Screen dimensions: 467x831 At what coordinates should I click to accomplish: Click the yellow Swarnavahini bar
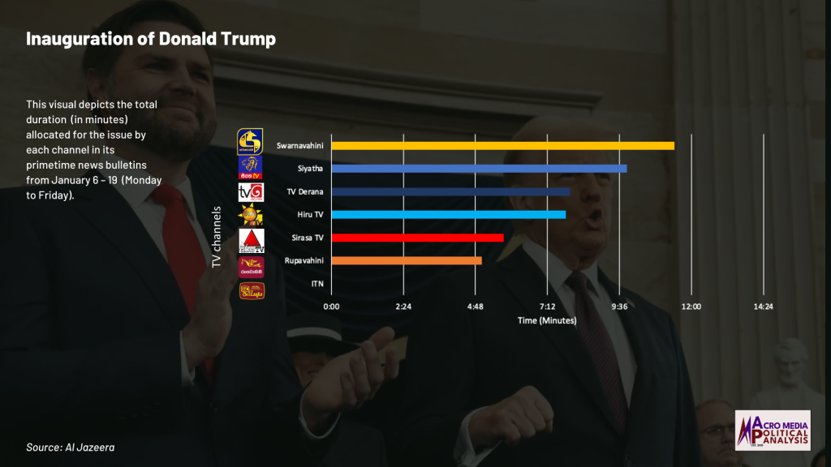(502, 146)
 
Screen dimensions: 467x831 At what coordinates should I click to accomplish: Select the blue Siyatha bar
(479, 169)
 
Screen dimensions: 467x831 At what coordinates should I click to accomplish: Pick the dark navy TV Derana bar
(450, 192)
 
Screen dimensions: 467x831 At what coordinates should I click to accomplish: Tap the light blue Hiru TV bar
(448, 215)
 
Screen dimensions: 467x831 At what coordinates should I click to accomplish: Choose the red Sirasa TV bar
(417, 238)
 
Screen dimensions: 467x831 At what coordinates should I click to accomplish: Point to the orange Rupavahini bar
(407, 260)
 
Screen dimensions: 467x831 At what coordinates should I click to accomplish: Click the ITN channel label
(317, 284)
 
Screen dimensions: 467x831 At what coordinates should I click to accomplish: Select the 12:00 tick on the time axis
(691, 306)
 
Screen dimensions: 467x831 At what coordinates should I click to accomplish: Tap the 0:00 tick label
(331, 306)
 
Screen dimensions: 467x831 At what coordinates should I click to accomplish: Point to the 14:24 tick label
(763, 306)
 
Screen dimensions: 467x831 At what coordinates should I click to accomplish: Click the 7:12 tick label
(547, 306)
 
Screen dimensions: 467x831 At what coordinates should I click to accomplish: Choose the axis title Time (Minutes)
(547, 320)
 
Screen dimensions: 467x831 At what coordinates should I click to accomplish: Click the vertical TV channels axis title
(217, 237)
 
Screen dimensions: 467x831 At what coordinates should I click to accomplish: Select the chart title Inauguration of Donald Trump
(151, 39)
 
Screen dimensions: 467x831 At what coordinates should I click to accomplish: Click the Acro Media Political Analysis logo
(772, 430)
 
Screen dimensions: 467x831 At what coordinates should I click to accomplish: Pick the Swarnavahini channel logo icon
(250, 141)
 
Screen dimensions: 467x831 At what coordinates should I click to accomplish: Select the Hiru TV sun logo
(250, 216)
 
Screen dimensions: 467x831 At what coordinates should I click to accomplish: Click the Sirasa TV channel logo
(252, 241)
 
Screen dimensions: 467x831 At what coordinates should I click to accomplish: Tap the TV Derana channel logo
(250, 192)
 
